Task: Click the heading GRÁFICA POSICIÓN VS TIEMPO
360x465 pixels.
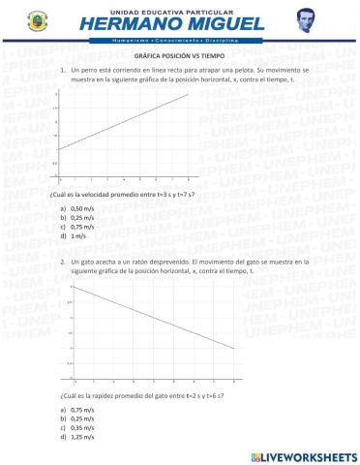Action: pyautogui.click(x=180, y=57)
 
